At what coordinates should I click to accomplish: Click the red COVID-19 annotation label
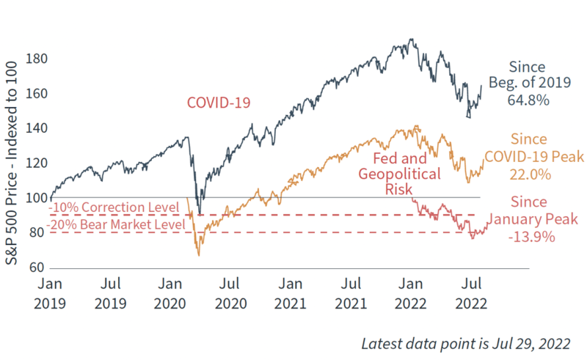[x=219, y=103]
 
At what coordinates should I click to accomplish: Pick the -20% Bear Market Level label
[x=116, y=224]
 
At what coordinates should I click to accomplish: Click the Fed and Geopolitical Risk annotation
[x=406, y=174]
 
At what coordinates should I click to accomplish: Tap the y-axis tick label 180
[x=37, y=58]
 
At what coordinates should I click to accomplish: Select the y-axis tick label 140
[x=37, y=128]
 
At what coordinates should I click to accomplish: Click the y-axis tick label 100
[x=37, y=197]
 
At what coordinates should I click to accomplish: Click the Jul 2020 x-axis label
[x=230, y=292]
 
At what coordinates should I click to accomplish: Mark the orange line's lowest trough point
[x=198, y=255]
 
